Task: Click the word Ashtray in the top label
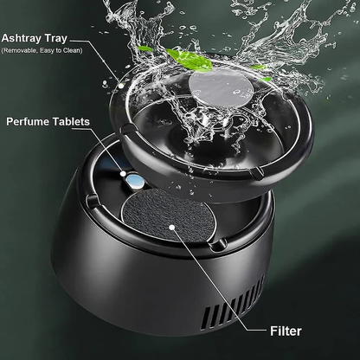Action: click(29, 38)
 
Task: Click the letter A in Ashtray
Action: click(7, 38)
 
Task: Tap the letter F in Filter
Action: click(273, 330)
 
